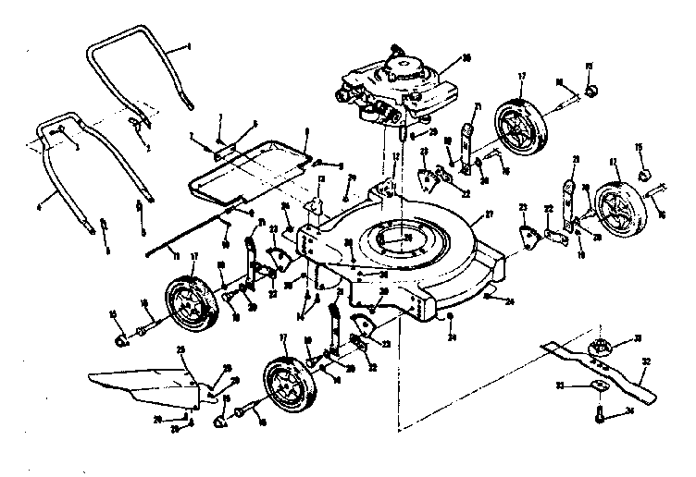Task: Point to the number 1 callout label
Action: pos(188,45)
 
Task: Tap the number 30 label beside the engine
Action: pos(466,57)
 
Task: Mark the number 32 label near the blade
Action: pos(646,362)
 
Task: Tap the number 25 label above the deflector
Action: pos(182,350)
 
